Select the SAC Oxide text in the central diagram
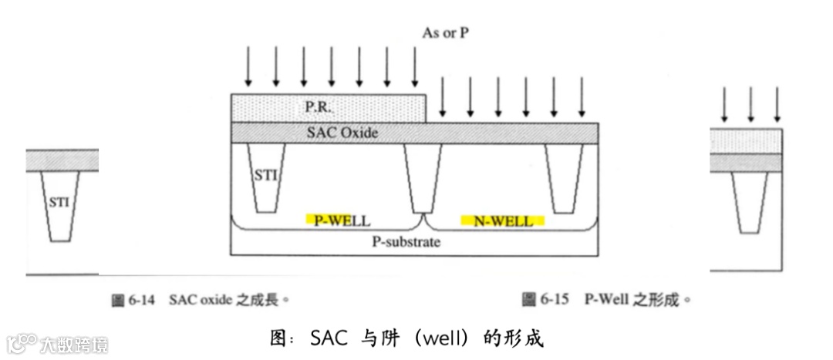[x=339, y=133]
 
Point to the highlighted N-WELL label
[x=502, y=221]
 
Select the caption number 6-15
[x=555, y=300]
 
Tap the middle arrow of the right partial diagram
[x=750, y=105]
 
